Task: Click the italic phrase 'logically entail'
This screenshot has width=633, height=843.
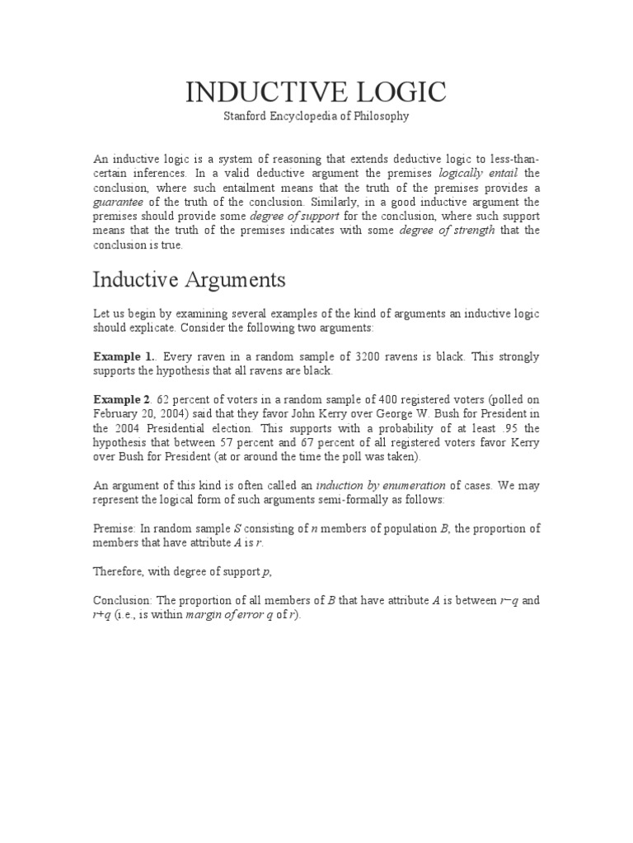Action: pyautogui.click(x=477, y=173)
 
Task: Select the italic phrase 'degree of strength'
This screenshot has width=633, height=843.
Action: pyautogui.click(x=447, y=230)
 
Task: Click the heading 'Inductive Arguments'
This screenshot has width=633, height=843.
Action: pyautogui.click(x=189, y=280)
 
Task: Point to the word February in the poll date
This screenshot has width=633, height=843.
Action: pyautogui.click(x=118, y=413)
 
